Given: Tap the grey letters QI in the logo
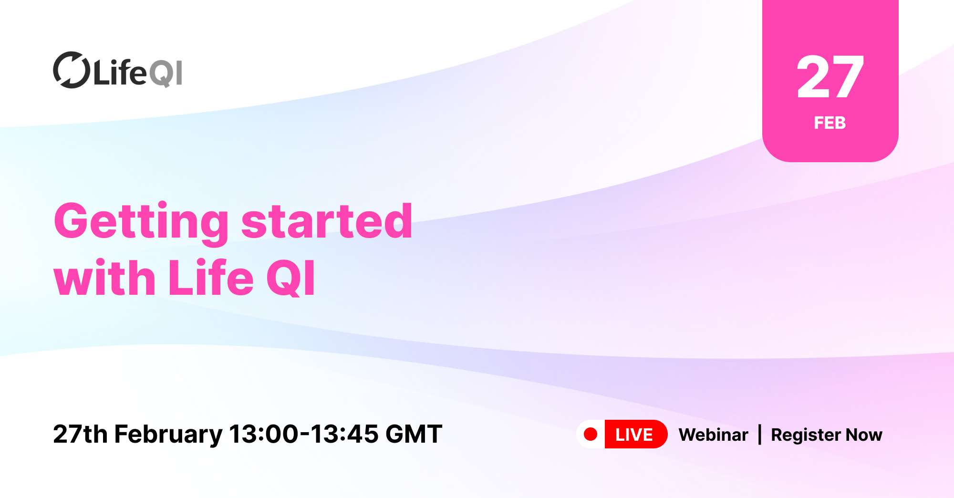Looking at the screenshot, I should [166, 73].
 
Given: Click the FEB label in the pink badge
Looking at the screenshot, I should [830, 123].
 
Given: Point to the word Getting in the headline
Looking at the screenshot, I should [141, 222].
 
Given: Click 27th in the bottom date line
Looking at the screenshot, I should [80, 434].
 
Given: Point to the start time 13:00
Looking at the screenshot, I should [263, 434].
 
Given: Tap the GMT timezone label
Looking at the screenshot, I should [414, 434].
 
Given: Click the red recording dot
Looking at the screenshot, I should [591, 434].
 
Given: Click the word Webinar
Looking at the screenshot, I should [713, 435].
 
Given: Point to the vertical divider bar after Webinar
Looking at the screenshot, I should [760, 435].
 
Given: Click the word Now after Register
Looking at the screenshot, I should [864, 435].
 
